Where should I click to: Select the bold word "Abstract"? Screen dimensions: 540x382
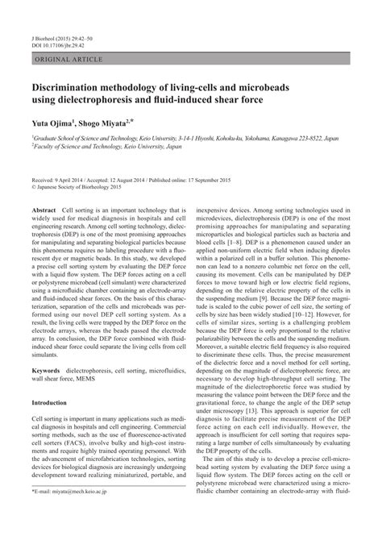(44, 210)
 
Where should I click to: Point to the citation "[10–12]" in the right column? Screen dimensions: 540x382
(301, 305)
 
